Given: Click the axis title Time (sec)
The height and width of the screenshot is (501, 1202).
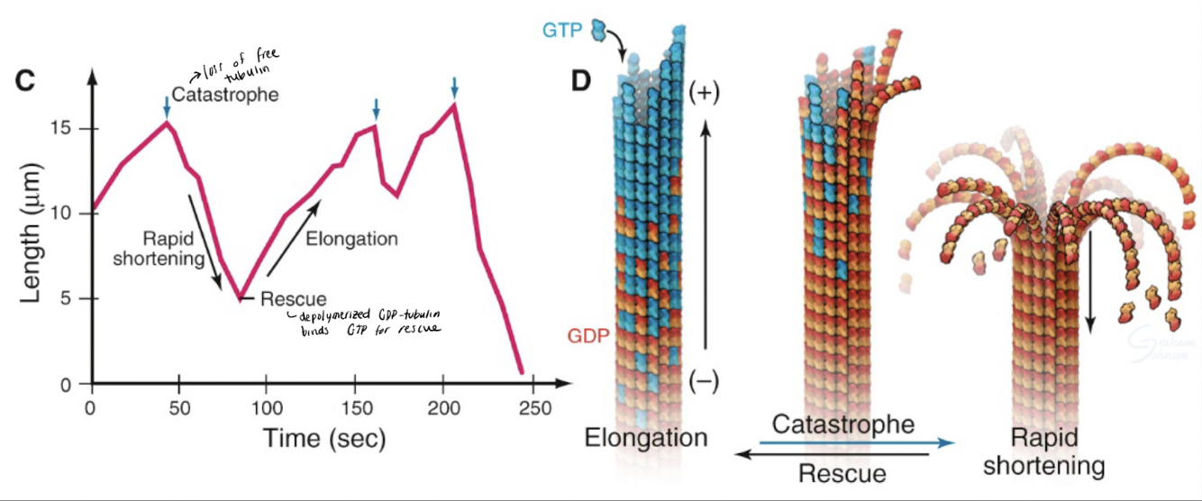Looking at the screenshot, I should pos(324,439).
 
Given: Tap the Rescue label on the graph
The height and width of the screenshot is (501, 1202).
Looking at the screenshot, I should pos(294,298).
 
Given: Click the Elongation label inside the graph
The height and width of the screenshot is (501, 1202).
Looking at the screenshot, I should pos(351,239).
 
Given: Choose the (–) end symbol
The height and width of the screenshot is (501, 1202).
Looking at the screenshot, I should pos(704,382).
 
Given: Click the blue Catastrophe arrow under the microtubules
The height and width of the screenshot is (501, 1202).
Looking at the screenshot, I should pos(855,442).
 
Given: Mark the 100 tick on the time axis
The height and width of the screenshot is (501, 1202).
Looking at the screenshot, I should pos(267,406).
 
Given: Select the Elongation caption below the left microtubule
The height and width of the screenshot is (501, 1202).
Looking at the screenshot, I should pos(646,439).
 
